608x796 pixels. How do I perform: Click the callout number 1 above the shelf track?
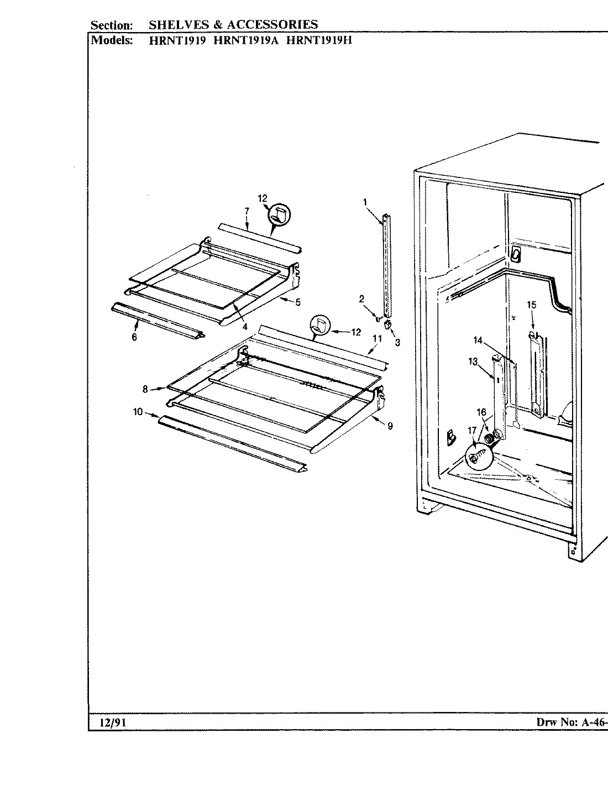[365, 202]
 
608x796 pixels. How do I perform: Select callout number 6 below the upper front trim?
[134, 338]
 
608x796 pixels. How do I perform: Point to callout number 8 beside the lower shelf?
[145, 389]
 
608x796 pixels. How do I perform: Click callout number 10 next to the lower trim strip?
[138, 411]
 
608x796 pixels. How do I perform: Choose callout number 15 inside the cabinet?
[531, 305]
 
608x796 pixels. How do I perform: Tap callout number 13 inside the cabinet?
[473, 362]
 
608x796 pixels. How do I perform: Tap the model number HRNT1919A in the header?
[247, 40]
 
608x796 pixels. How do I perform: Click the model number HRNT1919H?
[319, 40]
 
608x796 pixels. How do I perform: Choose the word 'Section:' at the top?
[112, 25]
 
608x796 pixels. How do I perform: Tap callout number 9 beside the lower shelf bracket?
[390, 426]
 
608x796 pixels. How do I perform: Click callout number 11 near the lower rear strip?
[377, 338]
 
